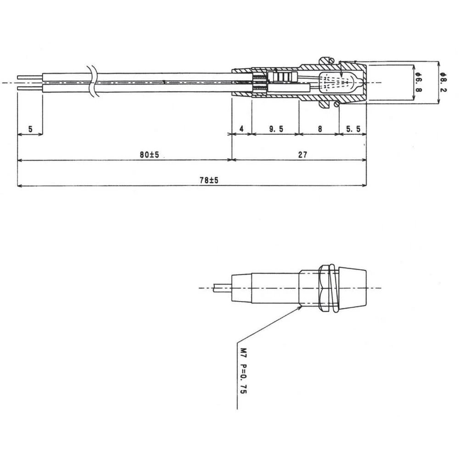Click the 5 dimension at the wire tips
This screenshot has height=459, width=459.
coord(30,129)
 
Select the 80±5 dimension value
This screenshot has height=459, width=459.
coord(149,155)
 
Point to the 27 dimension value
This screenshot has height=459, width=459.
coord(302,155)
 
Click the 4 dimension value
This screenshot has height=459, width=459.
coord(242,129)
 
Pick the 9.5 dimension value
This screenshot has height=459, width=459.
coord(276,129)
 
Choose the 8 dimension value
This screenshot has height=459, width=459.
coord(319,129)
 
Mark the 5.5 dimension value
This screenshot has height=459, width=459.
coord(353,129)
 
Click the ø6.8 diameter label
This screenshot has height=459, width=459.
coord(417,83)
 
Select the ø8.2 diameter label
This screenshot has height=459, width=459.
coord(442,83)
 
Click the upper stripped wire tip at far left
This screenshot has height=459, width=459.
coord(29,77)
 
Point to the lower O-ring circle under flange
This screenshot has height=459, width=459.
coord(338,105)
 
